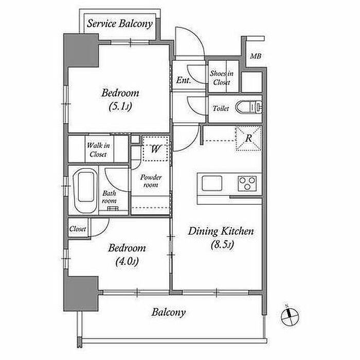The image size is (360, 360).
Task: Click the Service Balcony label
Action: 119,24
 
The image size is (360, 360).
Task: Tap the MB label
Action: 256,57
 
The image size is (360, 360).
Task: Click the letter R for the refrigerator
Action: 248,138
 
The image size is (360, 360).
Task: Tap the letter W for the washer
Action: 156,149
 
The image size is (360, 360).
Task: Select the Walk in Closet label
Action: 97,150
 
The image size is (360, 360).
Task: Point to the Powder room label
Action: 152,181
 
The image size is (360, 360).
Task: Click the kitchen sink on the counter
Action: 212,183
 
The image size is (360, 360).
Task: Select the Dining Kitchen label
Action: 221,231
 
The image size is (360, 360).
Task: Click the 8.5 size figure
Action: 221,246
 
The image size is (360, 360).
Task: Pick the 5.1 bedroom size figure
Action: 121,107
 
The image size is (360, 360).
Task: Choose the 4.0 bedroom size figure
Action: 127,262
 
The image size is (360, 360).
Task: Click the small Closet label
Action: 78,229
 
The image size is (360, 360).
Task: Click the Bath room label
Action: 109,197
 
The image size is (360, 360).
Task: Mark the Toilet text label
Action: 221,109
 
